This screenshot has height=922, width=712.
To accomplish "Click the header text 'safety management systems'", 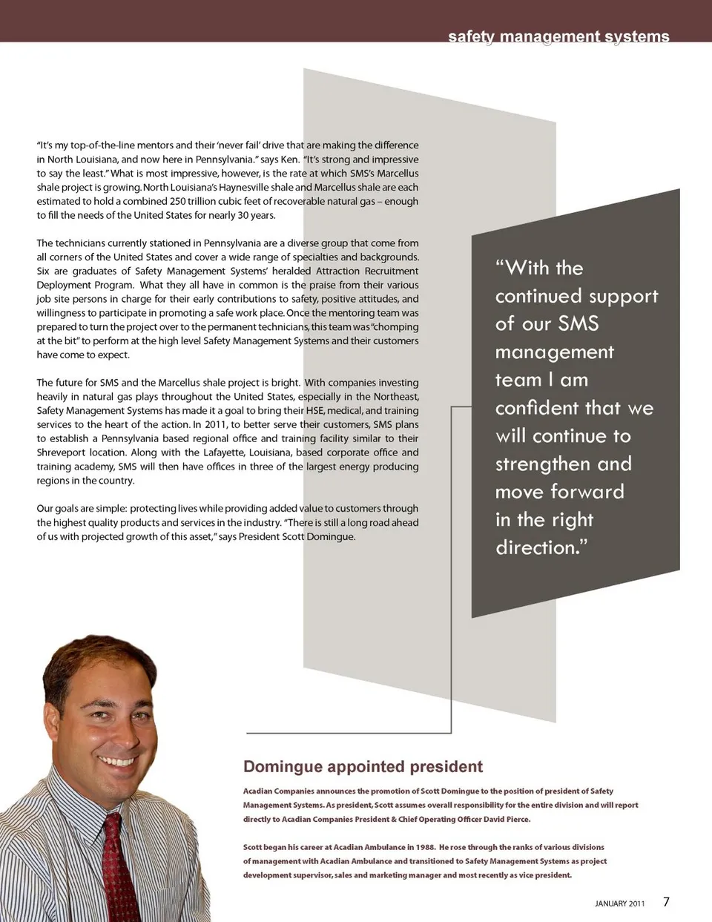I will coord(558,36).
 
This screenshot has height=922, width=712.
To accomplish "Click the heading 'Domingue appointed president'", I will coord(363,767).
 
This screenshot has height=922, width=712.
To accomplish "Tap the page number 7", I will coord(666,902).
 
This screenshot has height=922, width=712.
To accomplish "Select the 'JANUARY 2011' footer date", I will coord(619,903).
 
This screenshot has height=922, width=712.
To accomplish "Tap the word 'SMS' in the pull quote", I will coord(578,323).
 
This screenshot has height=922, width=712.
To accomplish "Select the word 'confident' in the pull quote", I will coord(538,407).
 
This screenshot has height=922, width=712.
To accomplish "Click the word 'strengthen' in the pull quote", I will coord(543,464).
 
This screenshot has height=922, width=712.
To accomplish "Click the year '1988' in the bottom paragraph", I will coord(425,847).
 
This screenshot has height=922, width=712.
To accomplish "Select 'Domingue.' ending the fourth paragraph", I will coord(330,536).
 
